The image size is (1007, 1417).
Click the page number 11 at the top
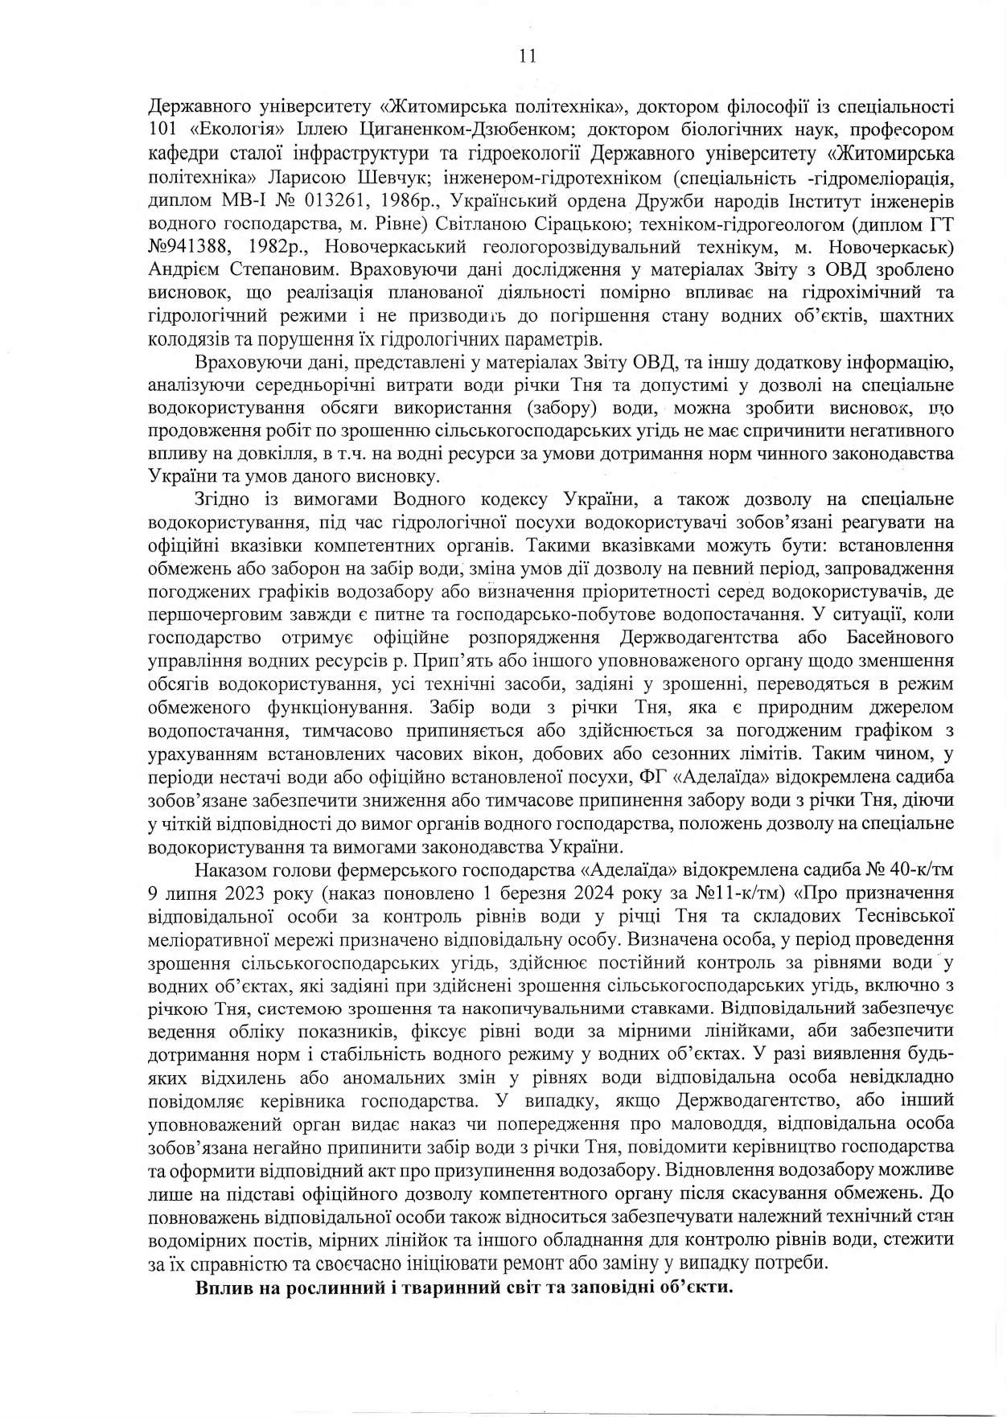click(528, 55)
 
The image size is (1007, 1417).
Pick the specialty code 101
click(164, 129)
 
